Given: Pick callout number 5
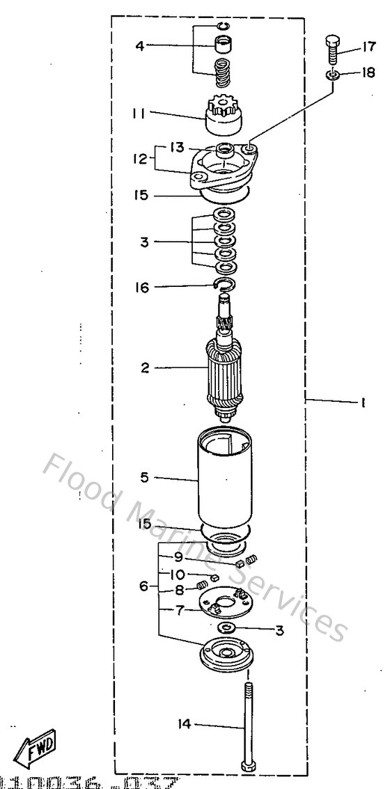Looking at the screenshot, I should [144, 478].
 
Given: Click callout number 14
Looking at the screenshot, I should [184, 725].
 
